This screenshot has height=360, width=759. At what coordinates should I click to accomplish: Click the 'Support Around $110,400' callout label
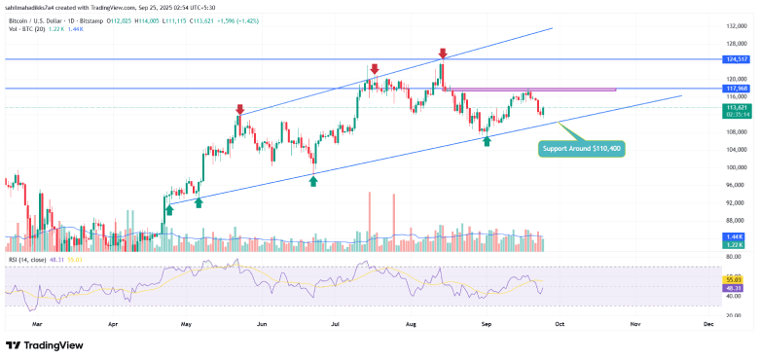pos(581,149)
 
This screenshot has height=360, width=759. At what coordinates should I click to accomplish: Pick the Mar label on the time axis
pos(37,320)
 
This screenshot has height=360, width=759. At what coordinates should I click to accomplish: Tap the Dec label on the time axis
pos(707,320)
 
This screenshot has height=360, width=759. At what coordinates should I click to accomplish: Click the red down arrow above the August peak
pos(443,54)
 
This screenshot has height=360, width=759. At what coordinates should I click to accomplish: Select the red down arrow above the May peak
pos(239,108)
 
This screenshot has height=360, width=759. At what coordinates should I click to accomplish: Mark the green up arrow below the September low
pos(487,142)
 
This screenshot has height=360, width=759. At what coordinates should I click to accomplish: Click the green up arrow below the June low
pos(313,181)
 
